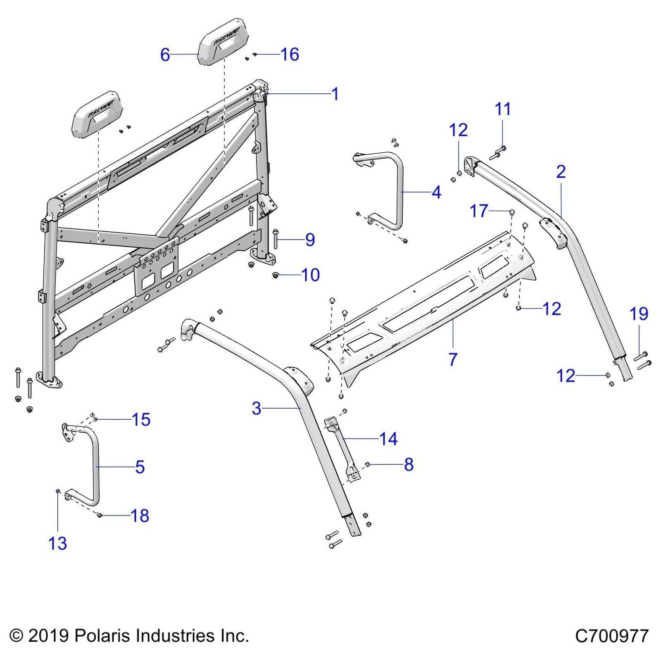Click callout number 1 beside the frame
coord(335,94)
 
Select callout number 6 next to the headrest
coord(165,55)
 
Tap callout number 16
coord(290,55)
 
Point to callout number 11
coord(503,109)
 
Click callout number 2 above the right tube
coord(561,172)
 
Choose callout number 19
coord(638,314)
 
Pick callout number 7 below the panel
coord(453,359)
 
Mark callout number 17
coord(479,211)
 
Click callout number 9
coord(310,240)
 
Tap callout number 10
coord(310,275)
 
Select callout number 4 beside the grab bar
coord(436,193)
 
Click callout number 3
coord(257,409)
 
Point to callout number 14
coord(388,439)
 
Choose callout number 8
coord(409,464)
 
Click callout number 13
coord(57,544)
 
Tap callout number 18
coord(140,516)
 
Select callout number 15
coord(141,420)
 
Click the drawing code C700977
coord(612,636)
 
